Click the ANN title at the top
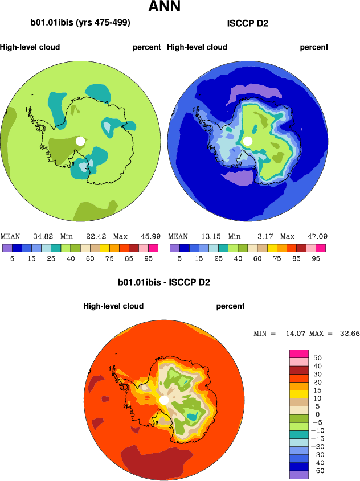point(164,7)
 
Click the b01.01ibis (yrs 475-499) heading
point(81,23)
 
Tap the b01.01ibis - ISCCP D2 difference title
point(164,282)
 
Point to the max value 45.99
point(149,236)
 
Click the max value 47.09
point(316,236)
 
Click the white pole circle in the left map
point(80,141)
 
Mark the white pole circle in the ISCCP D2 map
point(247,141)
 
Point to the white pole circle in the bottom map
point(164,400)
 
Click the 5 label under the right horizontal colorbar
point(179,258)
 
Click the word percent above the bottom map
point(230,306)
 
